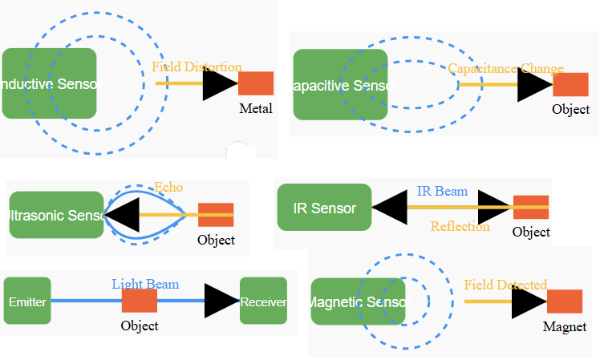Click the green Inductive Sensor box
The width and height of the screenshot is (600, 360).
[50, 83]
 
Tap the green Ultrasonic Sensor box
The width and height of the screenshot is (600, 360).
[57, 215]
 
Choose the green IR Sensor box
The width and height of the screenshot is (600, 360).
[324, 208]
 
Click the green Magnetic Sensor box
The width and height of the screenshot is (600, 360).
[358, 301]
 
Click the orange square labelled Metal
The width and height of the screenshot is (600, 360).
[256, 83]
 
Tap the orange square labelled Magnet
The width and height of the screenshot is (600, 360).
[565, 301]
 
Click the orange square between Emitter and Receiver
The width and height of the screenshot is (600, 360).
[140, 301]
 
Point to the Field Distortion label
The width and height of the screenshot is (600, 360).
[197, 67]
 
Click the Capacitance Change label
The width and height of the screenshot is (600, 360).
[505, 69]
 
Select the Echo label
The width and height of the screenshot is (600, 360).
[168, 188]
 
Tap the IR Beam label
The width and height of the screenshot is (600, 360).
[442, 192]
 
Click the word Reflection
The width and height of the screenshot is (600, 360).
[460, 226]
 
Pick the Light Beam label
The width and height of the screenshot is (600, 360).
[145, 284]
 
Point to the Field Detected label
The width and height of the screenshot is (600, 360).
[505, 285]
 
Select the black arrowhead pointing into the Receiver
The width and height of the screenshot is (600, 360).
[221, 301]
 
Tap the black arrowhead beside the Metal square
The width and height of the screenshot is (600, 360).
[219, 84]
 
